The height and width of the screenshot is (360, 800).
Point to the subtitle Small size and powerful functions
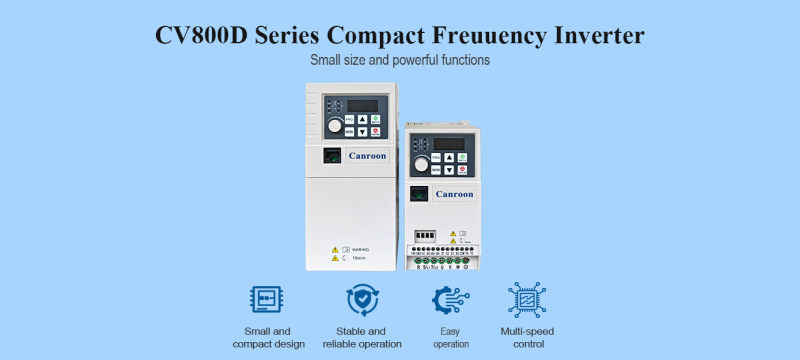tap(400, 60)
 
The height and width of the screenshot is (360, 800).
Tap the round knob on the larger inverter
tap(334, 127)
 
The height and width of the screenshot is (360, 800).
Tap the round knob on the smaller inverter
tap(422, 163)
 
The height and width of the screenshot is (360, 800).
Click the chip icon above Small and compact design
tap(263, 300)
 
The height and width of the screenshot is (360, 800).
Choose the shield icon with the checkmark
tap(361, 300)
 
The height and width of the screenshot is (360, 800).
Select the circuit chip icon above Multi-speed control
tap(527, 300)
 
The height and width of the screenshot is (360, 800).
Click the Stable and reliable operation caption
tap(362, 337)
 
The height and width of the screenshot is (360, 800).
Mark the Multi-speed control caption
tap(527, 337)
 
